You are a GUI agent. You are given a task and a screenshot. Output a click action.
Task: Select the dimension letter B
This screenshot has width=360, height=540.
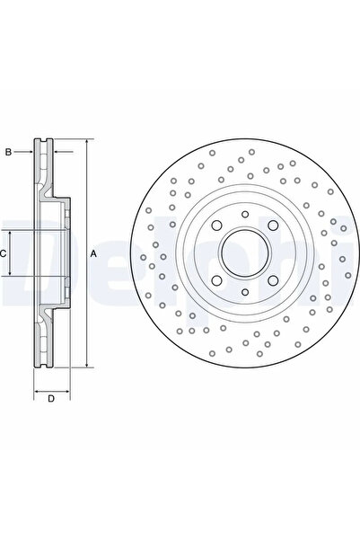[x=8, y=152]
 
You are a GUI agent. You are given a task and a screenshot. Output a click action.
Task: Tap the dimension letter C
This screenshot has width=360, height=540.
[x=4, y=254]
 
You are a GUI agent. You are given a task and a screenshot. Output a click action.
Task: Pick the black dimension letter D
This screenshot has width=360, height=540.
[x=50, y=398]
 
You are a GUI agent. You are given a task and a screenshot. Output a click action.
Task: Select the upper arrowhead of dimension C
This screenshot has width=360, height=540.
[x=11, y=229]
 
